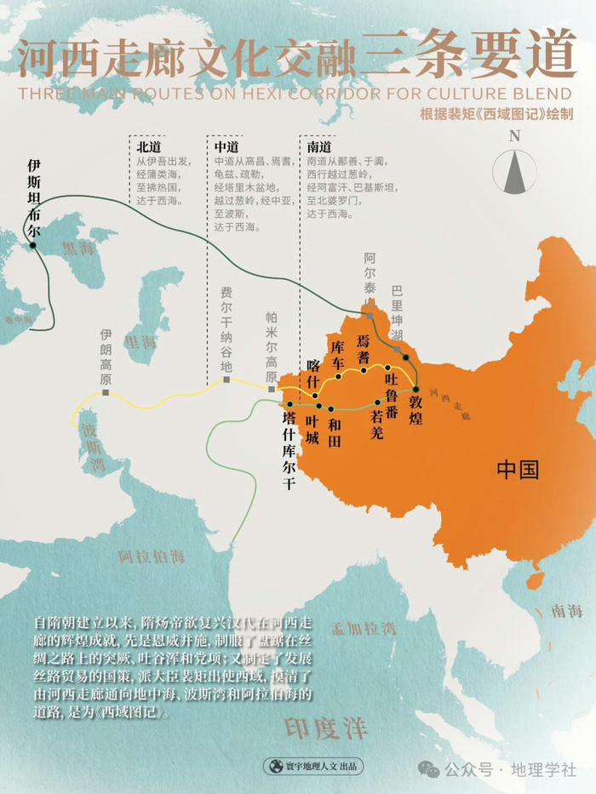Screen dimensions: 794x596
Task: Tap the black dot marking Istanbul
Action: pos(33,245)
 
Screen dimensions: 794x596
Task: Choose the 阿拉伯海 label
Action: pos(152,557)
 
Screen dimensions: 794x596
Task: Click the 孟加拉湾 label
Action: pos(365,629)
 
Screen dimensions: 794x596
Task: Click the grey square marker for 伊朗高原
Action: pos(106,392)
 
